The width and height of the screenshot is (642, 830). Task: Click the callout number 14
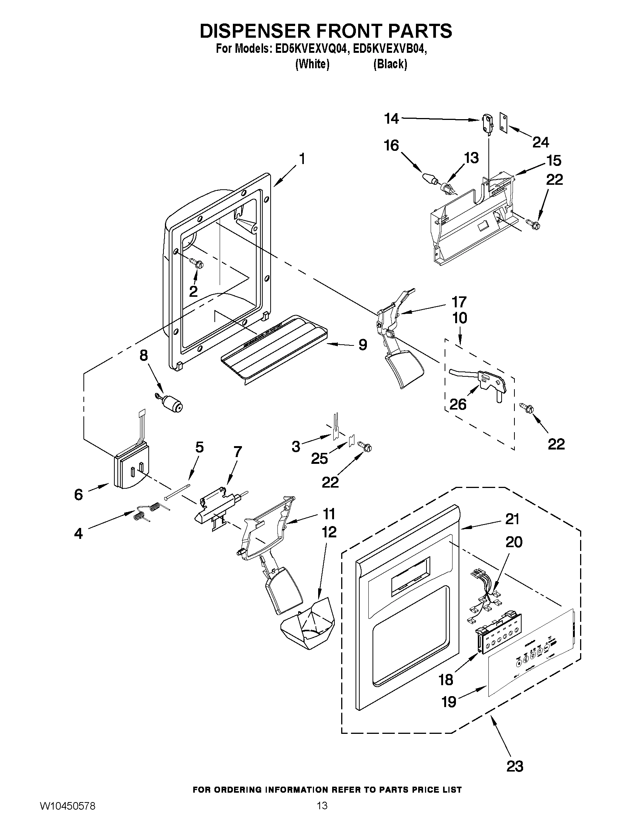pyautogui.click(x=391, y=119)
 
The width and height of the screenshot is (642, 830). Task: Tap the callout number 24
pyautogui.click(x=540, y=143)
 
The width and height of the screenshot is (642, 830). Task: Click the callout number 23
pyautogui.click(x=514, y=766)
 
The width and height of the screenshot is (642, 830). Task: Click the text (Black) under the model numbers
pyautogui.click(x=390, y=64)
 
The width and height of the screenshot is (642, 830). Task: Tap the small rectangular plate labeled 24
pyautogui.click(x=504, y=123)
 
